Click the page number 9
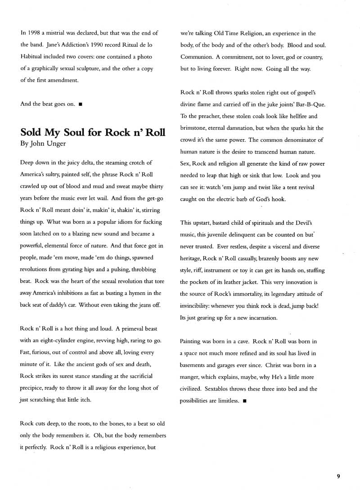(x=338, y=475)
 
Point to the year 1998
(x=34, y=33)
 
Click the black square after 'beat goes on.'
(x=80, y=104)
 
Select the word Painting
(x=192, y=341)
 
